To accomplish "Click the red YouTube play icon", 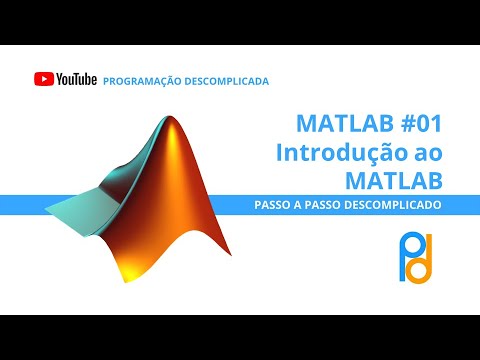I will click(43, 79).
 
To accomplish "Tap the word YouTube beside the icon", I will click(76, 79).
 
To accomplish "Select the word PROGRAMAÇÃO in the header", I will click(139, 80).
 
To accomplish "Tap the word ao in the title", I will click(426, 153).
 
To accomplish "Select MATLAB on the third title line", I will click(393, 181).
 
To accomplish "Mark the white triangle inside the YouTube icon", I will click(43, 79).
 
